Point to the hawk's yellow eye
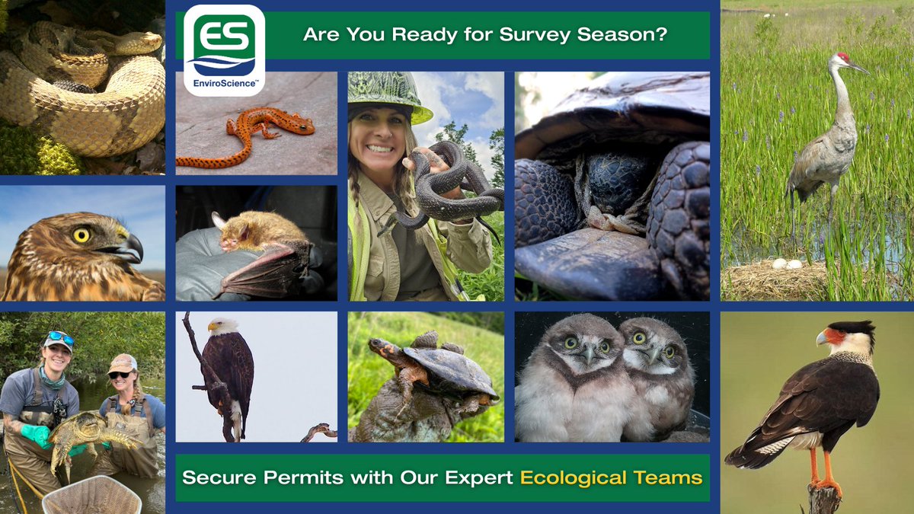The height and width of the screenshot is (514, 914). (x=81, y=235)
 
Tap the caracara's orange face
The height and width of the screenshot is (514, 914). (x=833, y=336)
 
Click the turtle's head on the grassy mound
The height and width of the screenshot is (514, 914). (x=382, y=350)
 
